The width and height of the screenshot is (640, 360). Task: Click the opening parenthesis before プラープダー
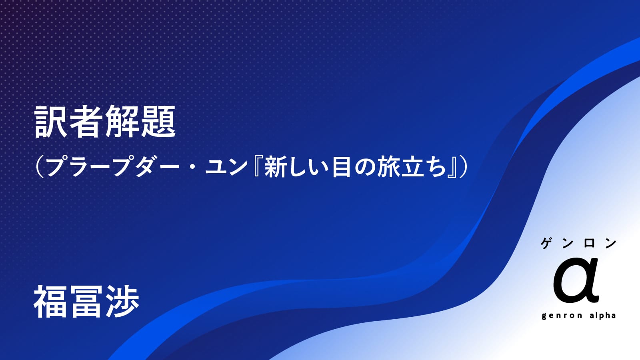pyautogui.click(x=40, y=167)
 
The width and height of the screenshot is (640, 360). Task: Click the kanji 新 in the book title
pyautogui.click(x=274, y=167)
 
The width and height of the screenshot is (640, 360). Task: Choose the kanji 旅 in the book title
pyautogui.click(x=387, y=167)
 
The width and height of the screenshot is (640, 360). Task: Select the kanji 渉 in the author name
pyautogui.click(x=122, y=302)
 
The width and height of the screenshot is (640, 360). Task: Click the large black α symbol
pyautogui.click(x=576, y=280)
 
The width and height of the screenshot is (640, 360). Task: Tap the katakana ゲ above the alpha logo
pyautogui.click(x=546, y=244)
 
